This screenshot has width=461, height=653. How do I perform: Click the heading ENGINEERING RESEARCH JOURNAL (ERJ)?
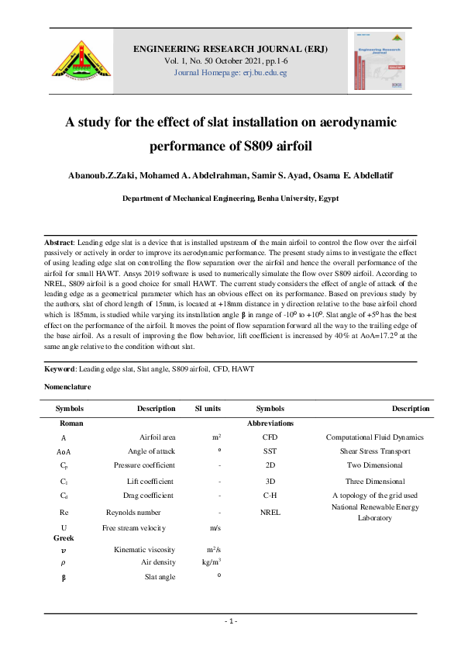pos(230,48)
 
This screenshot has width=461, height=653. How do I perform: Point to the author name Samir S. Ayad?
pos(250,176)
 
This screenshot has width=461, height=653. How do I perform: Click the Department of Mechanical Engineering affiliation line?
pos(230,199)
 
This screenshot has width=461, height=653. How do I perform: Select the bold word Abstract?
pos(58,243)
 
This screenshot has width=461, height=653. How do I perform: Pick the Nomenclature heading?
pos(67,386)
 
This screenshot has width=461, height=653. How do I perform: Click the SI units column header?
pos(208,409)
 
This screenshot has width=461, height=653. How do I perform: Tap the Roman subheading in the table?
pos(71,423)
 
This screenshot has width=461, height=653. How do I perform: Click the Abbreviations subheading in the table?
pos(270,423)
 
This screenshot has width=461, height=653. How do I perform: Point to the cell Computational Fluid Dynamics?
pos(374,437)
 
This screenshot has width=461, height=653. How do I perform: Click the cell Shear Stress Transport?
pos(374,451)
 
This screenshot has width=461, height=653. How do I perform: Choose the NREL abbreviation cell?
pos(270,512)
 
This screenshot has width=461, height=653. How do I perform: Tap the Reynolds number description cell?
pos(133,512)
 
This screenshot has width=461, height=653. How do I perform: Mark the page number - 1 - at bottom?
pos(230,621)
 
